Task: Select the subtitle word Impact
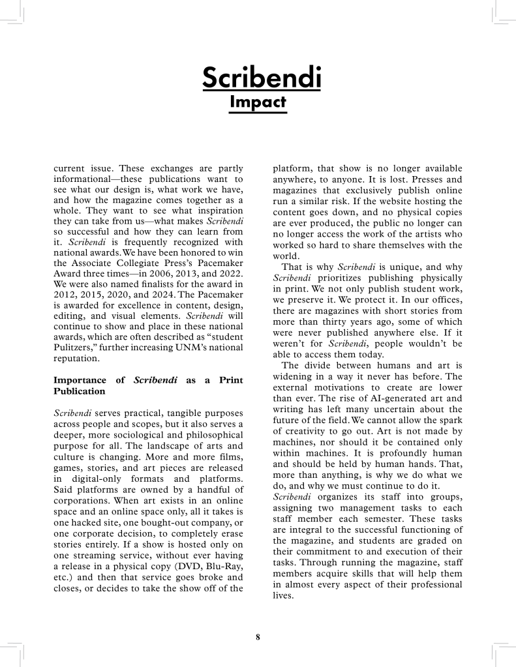tap(258, 102)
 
